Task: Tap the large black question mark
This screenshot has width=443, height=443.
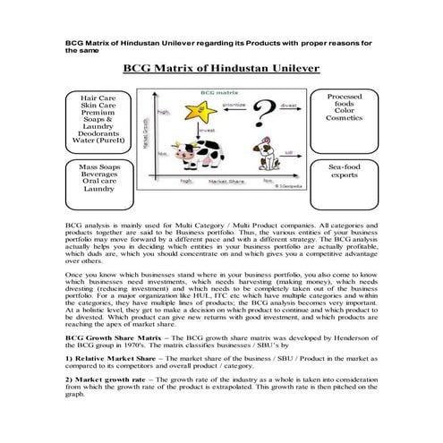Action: click(261, 115)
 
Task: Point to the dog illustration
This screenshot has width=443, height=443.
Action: click(267, 160)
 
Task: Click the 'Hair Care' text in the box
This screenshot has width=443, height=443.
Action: click(98, 96)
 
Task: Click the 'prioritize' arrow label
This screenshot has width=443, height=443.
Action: click(234, 105)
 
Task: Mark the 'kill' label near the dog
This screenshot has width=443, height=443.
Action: click(288, 153)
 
